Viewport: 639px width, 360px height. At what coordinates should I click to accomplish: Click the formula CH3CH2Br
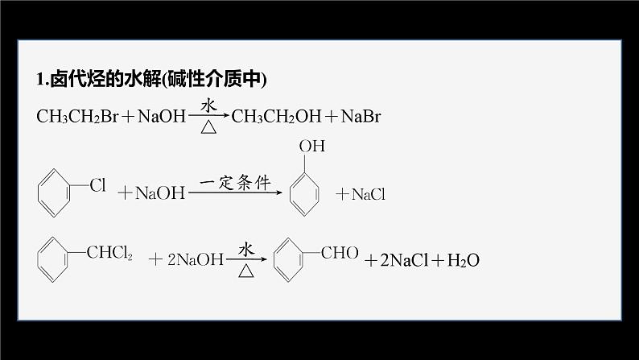point(77,117)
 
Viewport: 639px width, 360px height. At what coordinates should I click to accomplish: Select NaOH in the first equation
point(162,117)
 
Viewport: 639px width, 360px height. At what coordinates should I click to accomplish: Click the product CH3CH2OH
point(274,117)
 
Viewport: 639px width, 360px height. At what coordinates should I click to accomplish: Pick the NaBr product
point(361,117)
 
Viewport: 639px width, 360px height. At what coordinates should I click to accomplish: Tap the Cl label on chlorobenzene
point(97,186)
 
